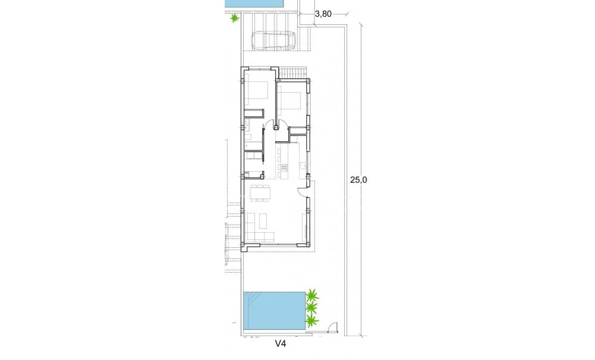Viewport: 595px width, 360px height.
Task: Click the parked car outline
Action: [x=274, y=41]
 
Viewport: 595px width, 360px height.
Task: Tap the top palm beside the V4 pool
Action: [x=312, y=295]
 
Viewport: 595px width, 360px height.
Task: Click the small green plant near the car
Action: [x=235, y=18]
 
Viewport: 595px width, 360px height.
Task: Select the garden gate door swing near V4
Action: [x=330, y=326]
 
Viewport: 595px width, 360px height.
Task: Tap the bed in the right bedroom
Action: [x=289, y=100]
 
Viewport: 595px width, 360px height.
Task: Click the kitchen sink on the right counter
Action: [x=303, y=165]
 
